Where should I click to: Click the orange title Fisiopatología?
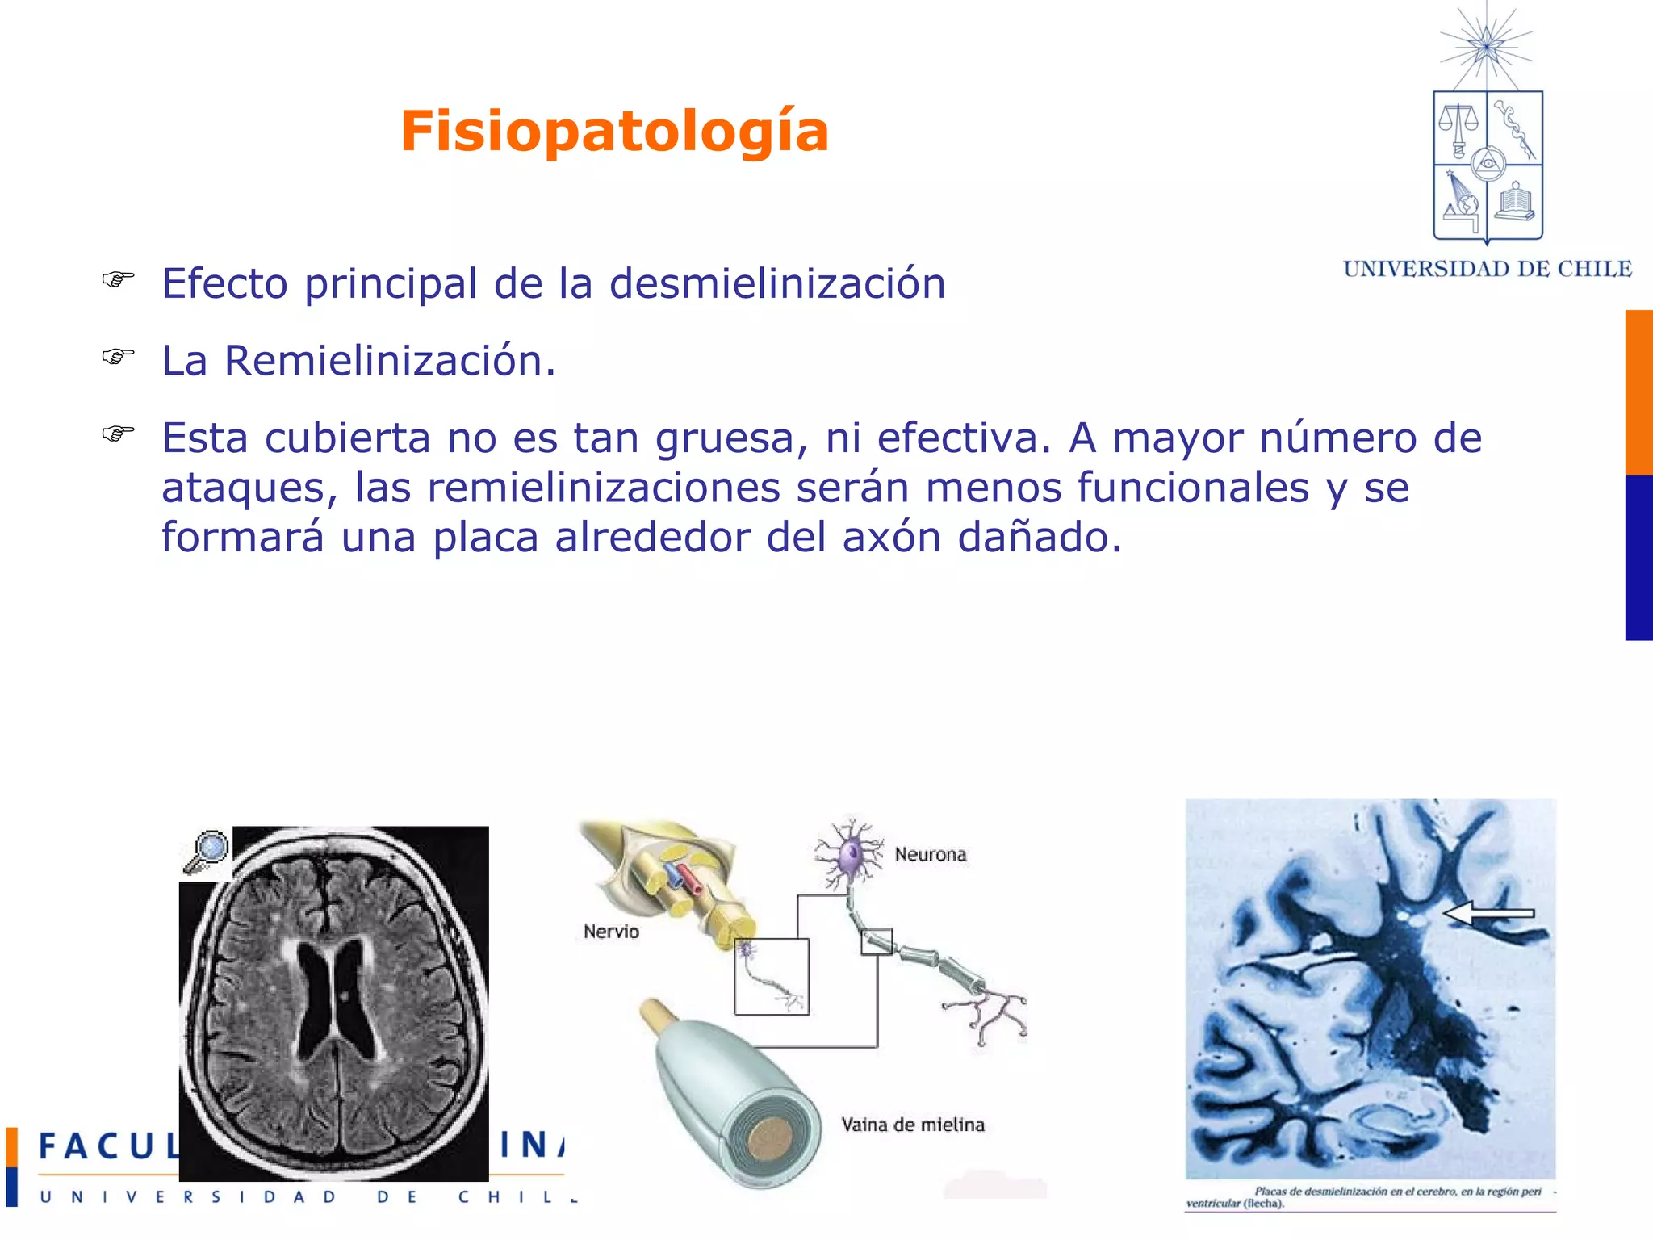pos(614,131)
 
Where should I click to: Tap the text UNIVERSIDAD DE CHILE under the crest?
pos(1487,269)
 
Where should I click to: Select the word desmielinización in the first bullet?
pos(776,284)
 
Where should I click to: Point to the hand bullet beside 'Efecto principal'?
pos(118,279)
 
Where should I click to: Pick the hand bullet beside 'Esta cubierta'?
pos(118,434)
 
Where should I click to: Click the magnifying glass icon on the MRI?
pos(207,851)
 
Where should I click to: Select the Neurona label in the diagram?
pos(930,854)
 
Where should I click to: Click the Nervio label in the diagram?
pos(611,932)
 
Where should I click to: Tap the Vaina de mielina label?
pos(913,1125)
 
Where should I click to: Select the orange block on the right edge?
pos(1638,392)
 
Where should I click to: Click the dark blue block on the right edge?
pos(1638,558)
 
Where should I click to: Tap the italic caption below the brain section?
pos(1369,1196)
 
